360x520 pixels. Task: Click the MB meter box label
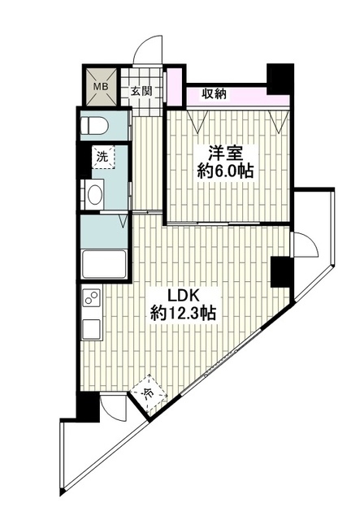click(x=101, y=87)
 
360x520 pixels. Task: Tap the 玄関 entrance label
click(x=141, y=91)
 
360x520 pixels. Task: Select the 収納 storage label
click(x=215, y=94)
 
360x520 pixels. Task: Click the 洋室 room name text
click(x=226, y=154)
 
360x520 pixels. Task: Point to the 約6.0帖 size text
click(x=226, y=171)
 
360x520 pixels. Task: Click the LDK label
click(x=183, y=295)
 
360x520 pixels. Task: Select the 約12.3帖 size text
click(x=183, y=313)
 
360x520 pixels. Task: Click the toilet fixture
click(x=94, y=126)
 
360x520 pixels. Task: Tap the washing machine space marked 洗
click(x=103, y=157)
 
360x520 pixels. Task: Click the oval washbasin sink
click(x=94, y=195)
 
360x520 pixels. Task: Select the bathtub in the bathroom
click(x=104, y=264)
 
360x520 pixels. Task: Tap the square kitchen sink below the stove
click(x=91, y=329)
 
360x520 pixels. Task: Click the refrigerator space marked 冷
click(x=149, y=392)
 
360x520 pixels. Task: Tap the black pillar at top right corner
click(x=280, y=79)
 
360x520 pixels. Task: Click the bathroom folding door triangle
click(x=124, y=221)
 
